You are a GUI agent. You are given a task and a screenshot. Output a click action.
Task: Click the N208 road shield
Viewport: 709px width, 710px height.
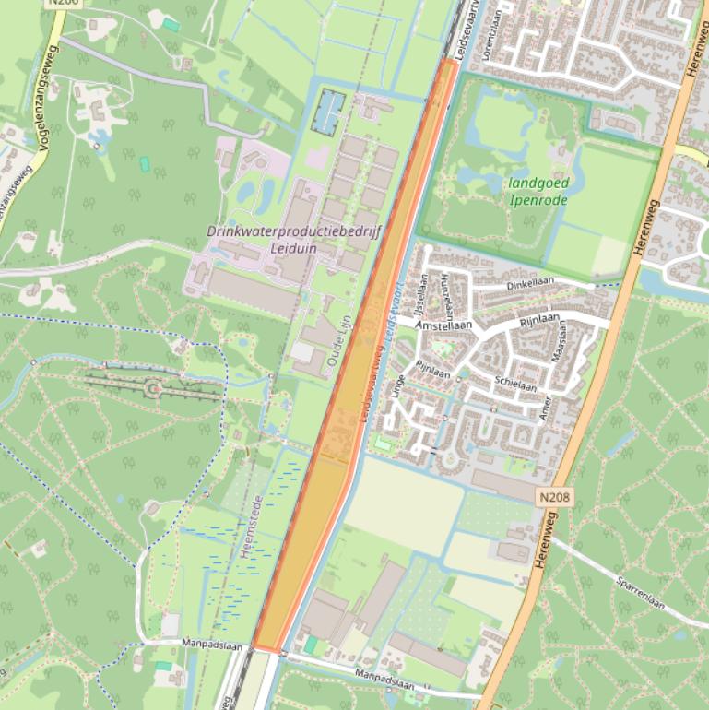pos(553,497)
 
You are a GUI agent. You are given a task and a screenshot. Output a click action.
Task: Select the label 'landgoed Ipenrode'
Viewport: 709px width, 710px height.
pos(538,191)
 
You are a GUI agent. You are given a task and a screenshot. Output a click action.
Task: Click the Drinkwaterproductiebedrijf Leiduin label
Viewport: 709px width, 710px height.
pos(294,239)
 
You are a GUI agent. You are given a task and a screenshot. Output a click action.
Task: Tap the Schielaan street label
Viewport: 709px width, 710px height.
pos(514,384)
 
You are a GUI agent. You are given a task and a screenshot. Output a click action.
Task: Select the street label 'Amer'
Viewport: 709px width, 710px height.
pos(545,407)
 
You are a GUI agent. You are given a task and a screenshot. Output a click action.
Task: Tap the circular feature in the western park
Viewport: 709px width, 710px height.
pos(152,390)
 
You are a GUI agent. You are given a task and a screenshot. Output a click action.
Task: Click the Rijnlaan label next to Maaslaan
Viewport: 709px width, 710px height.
pos(540,321)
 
